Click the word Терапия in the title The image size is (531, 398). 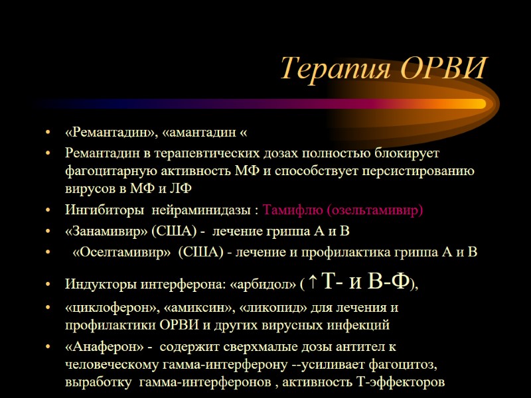click(x=329, y=68)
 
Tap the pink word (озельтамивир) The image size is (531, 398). click(x=374, y=210)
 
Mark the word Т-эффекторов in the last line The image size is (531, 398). click(x=394, y=383)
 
